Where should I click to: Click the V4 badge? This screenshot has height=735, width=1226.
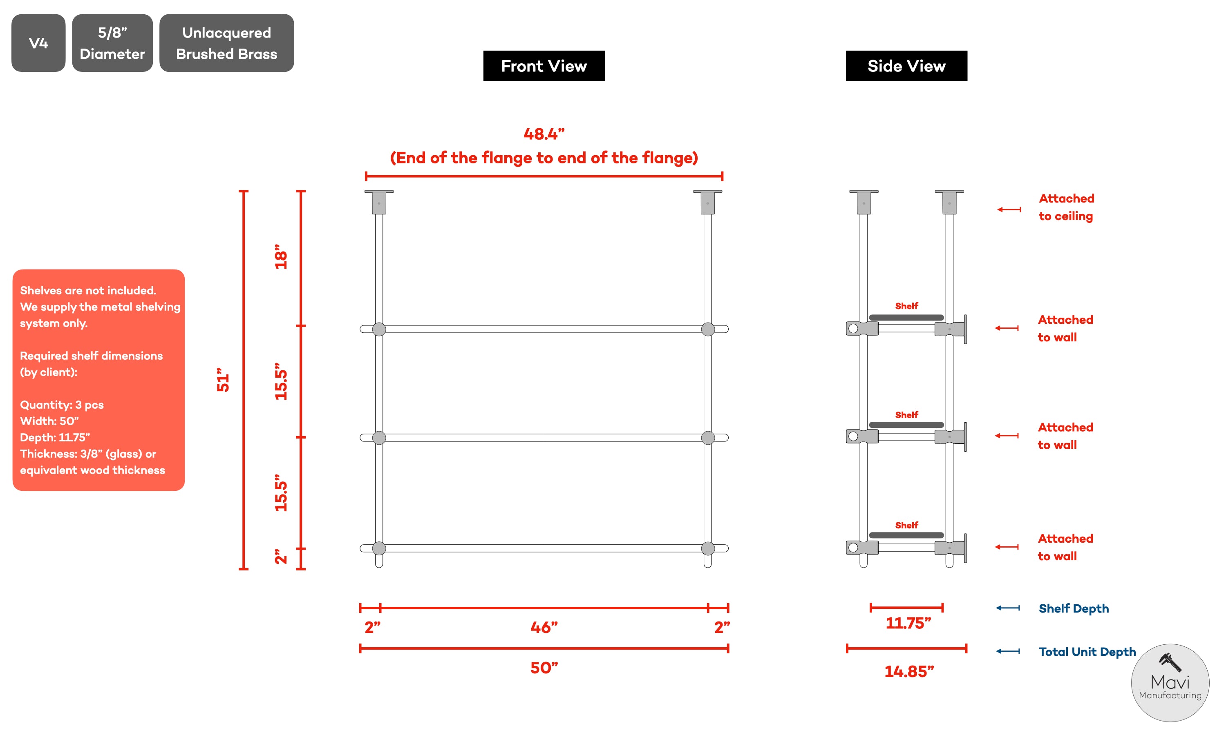pos(38,43)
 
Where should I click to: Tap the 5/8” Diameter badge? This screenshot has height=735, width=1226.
pos(112,43)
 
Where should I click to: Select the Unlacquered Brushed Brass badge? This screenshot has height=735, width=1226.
pos(226,43)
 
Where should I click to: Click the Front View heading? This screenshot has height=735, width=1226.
pos(544,66)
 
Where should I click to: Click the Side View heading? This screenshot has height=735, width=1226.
pos(906,66)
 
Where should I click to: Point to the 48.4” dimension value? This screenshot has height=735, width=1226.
pos(544,134)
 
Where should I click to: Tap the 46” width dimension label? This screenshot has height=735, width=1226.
pos(544,628)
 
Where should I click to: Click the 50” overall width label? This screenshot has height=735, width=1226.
pos(544,668)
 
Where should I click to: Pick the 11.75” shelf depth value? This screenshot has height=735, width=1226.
pos(908,623)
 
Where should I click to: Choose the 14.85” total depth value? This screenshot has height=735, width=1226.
pos(909,672)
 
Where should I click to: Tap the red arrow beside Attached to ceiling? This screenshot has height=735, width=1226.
pos(1009,209)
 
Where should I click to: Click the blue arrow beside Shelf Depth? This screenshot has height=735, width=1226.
pos(1008,608)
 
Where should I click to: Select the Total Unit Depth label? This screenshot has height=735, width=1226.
pos(1087,652)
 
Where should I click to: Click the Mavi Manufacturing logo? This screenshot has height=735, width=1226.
pos(1170,682)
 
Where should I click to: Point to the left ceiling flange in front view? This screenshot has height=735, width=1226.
pos(379,202)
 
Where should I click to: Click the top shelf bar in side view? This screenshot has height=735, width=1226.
pos(906,317)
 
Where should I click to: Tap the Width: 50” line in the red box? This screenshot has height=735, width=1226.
pos(49,421)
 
